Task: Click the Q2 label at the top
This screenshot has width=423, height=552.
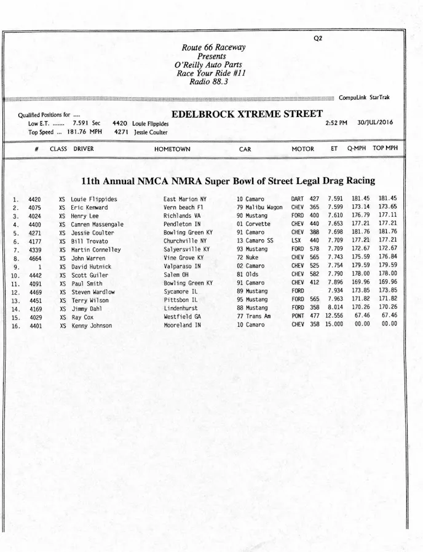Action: tap(318, 38)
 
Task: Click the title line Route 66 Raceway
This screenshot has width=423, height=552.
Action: tap(213, 48)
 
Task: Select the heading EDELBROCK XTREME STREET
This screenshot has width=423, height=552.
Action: tap(247, 114)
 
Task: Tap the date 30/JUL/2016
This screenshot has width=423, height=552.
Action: tap(376, 122)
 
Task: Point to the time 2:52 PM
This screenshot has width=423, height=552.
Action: tap(336, 122)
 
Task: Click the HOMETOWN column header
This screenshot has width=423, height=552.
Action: tap(172, 149)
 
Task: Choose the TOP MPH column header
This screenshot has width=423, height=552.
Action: tap(385, 148)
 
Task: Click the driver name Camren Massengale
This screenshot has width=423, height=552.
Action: tap(97, 225)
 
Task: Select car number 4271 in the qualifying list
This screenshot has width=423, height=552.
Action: tap(34, 233)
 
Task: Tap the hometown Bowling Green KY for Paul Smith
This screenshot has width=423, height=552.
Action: tap(188, 284)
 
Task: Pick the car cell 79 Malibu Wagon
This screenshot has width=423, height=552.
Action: tap(259, 207)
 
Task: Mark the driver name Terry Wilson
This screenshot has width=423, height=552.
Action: tap(90, 300)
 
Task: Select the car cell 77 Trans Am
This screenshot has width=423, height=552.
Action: tap(254, 316)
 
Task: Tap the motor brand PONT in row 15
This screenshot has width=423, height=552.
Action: tap(298, 316)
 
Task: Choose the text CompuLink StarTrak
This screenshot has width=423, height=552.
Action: tap(364, 97)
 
